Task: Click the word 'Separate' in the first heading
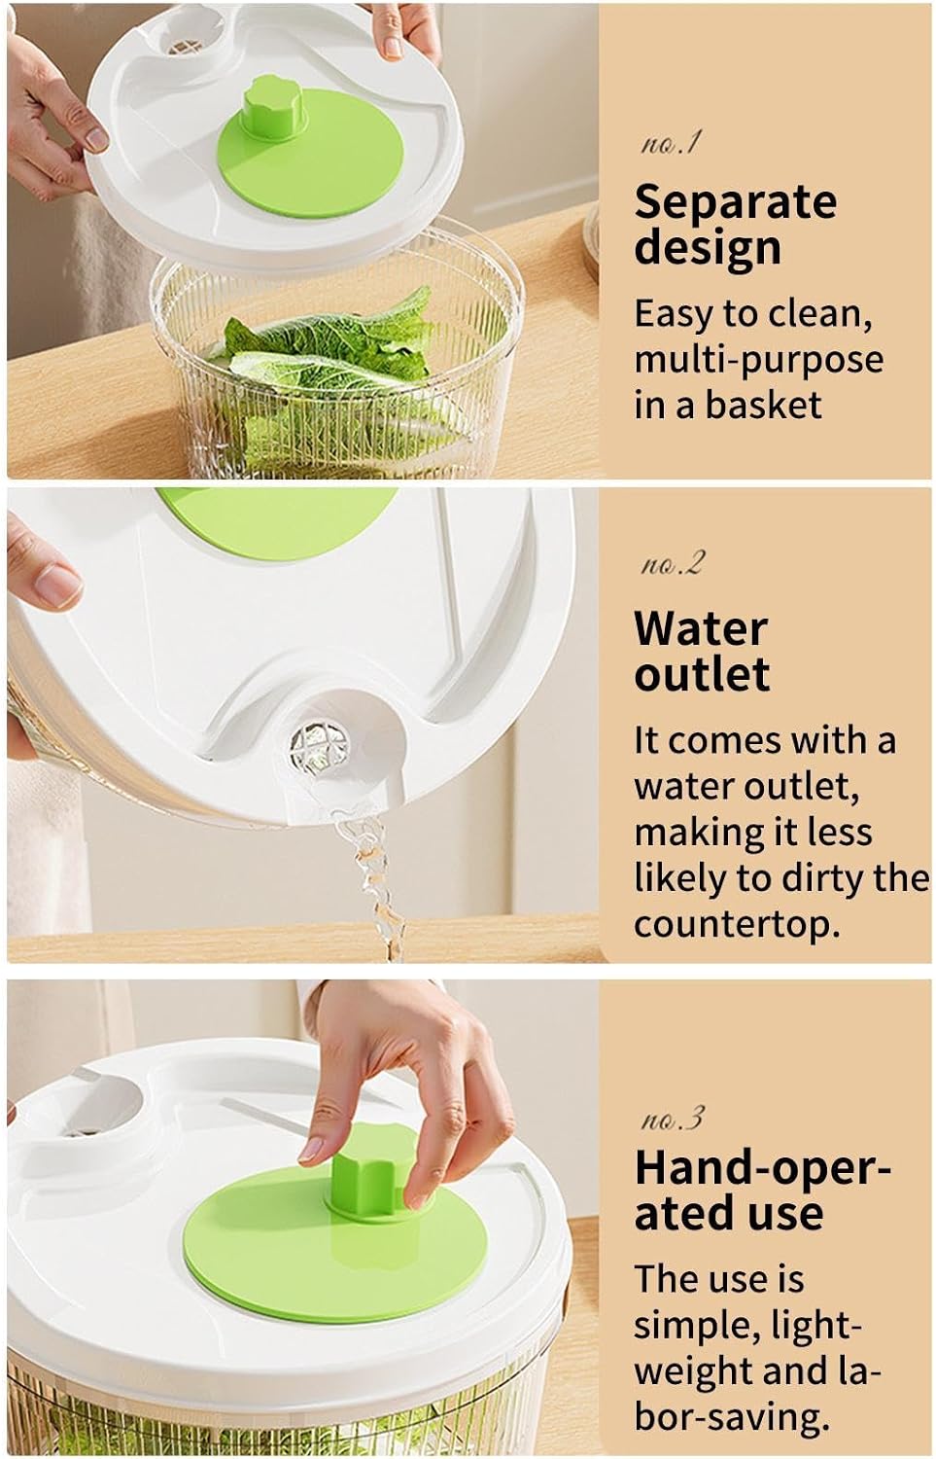[x=736, y=202]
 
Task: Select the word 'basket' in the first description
[x=764, y=405]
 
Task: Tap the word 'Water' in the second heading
[x=701, y=629]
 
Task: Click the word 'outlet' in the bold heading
[x=702, y=675]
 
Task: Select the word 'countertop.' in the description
[x=737, y=925]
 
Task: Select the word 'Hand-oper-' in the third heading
[x=762, y=1168]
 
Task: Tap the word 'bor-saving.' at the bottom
[x=732, y=1416]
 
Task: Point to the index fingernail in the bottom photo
[x=311, y=1153]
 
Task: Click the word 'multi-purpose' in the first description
[x=759, y=360]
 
